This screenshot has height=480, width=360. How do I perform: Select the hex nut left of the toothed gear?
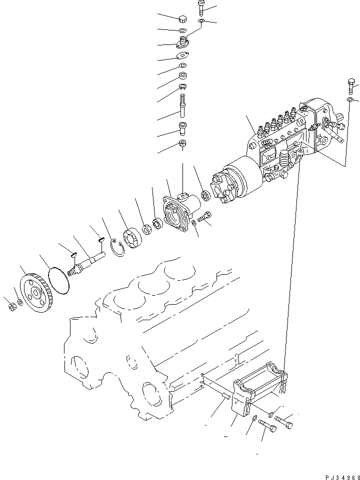point(10,306)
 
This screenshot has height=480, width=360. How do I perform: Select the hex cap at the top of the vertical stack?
point(182,20)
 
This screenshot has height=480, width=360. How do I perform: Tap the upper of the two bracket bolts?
point(284,422)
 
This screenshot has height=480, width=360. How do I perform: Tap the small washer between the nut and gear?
point(19,302)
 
